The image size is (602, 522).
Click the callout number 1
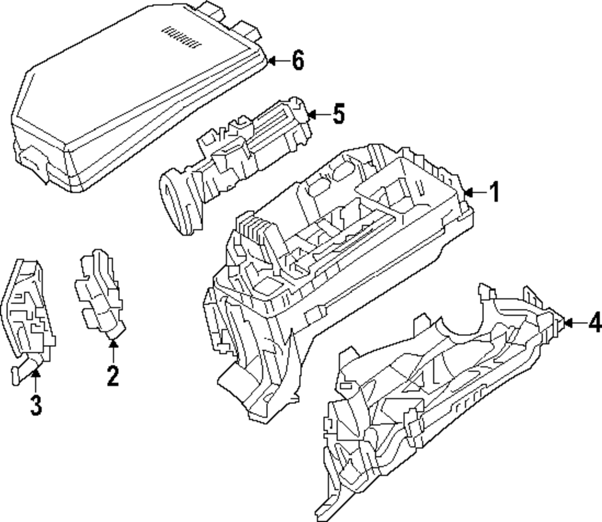point(494,193)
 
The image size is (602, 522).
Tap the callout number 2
point(113,376)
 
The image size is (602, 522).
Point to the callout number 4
point(594,323)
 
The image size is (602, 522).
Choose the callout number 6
point(297,60)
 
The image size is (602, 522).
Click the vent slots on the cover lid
point(181,37)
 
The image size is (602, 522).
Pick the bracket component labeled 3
point(30,313)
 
